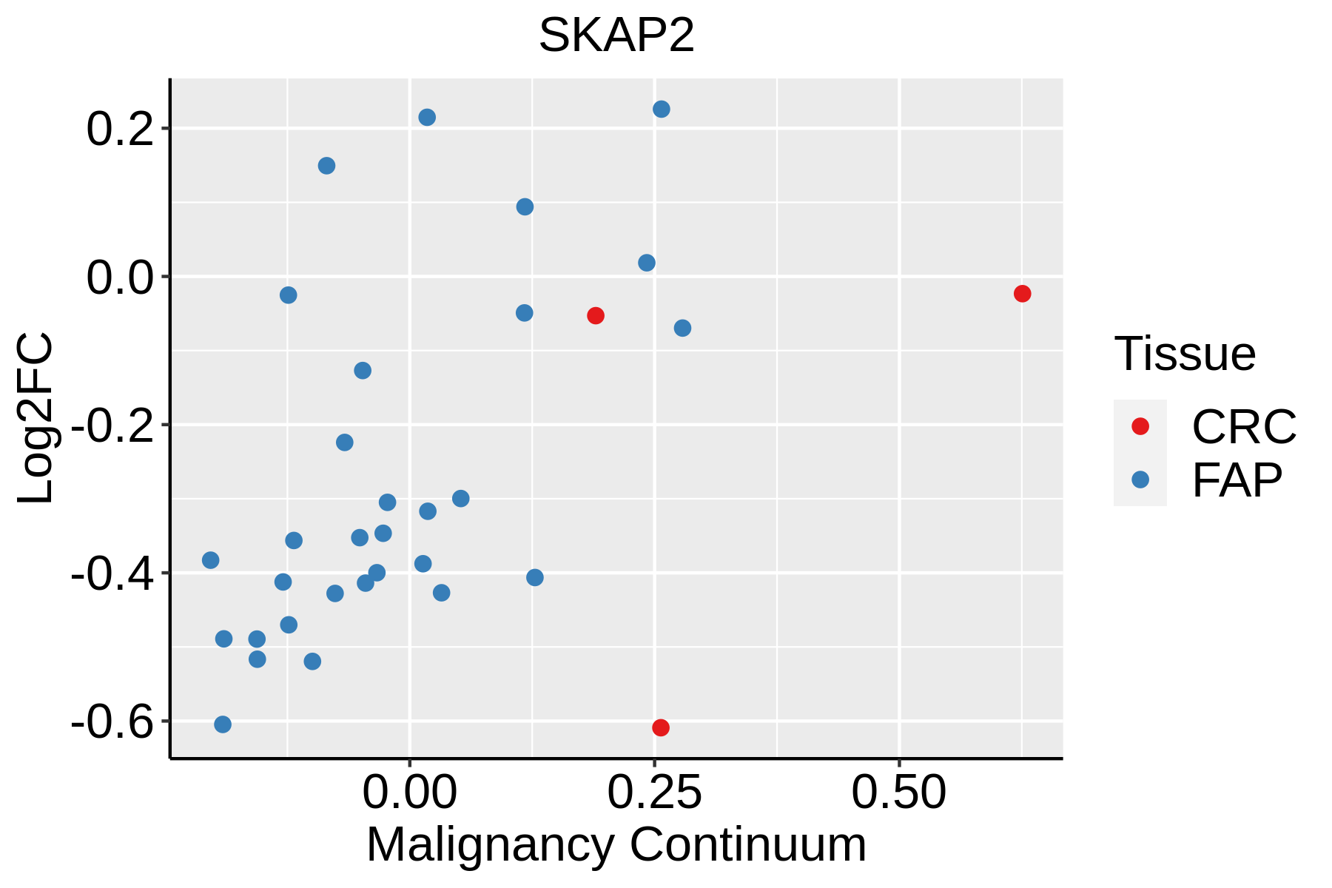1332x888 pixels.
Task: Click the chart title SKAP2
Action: pyautogui.click(x=616, y=36)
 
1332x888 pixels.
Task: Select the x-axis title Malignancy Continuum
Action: pyautogui.click(x=616, y=845)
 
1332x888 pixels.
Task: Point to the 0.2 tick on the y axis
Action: pyautogui.click(x=118, y=129)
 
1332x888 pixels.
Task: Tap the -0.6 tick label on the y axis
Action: pyautogui.click(x=112, y=722)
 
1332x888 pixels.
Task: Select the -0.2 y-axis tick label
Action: pyautogui.click(x=112, y=426)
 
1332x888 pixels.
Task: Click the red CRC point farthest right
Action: pyautogui.click(x=1022, y=294)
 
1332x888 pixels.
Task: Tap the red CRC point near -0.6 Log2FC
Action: pyautogui.click(x=661, y=727)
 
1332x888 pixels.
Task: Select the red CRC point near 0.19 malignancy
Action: pyautogui.click(x=596, y=316)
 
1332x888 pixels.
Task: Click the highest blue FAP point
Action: pyautogui.click(x=662, y=110)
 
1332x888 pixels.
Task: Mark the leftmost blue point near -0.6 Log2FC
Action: pyautogui.click(x=223, y=724)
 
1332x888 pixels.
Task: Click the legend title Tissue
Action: pyautogui.click(x=1185, y=354)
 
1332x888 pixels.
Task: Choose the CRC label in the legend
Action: pyautogui.click(x=1244, y=426)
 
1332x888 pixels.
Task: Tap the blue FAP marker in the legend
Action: pyautogui.click(x=1140, y=480)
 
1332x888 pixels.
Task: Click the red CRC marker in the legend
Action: pyautogui.click(x=1140, y=426)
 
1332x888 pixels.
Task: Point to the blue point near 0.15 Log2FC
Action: pyautogui.click(x=326, y=166)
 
